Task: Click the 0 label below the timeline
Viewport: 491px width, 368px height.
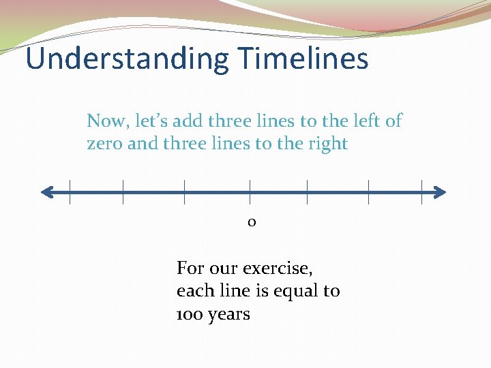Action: click(x=252, y=222)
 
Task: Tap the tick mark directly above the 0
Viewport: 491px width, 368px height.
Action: click(x=250, y=191)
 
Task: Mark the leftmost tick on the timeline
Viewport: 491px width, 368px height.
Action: click(x=70, y=191)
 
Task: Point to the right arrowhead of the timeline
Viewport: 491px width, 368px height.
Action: click(x=441, y=192)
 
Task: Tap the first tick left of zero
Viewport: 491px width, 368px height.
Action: click(x=184, y=191)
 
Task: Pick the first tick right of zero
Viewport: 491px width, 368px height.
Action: click(x=307, y=191)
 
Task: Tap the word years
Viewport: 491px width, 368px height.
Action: click(x=229, y=315)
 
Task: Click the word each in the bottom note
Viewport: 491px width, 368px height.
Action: click(x=194, y=291)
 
